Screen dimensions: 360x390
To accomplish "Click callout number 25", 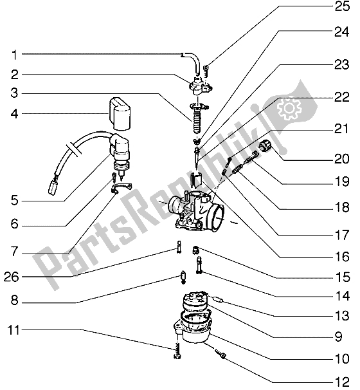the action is coord(342,6).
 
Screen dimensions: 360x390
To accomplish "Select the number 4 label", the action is coord(14,114).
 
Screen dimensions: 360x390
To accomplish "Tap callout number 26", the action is coord(11,277).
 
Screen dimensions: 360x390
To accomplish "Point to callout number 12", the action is coord(342,382).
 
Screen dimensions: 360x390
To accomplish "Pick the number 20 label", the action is coord(342,159).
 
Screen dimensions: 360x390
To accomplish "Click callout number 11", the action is coord(14,330).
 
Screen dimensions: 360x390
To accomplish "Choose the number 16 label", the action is coord(342,256).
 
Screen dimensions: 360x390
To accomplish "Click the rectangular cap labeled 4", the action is coord(120,114).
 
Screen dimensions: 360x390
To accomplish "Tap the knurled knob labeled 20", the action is coord(265,145).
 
